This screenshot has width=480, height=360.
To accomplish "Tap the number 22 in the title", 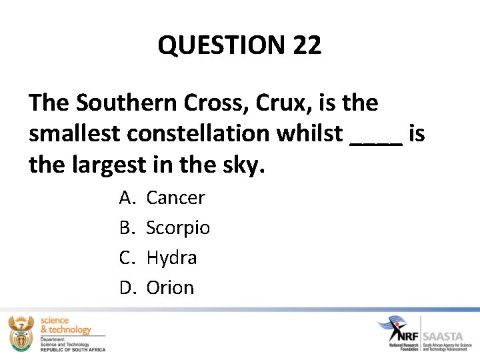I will click(307, 45).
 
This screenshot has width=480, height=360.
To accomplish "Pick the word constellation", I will click(210, 133).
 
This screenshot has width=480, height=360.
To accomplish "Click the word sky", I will click(243, 165).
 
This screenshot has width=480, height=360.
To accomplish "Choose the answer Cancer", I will click(175, 197).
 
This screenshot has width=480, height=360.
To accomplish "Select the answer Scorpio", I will click(178, 228).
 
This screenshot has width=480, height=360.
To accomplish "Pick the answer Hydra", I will click(171, 258).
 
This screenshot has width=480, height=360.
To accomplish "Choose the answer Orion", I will click(170, 288).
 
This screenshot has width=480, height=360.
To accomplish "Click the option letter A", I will click(126, 197).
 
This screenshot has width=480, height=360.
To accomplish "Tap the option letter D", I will click(127, 288).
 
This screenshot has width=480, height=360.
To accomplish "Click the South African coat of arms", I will click(20, 333).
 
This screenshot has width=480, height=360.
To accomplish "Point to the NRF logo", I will click(398, 330).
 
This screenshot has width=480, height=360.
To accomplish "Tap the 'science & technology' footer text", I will click(65, 325).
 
